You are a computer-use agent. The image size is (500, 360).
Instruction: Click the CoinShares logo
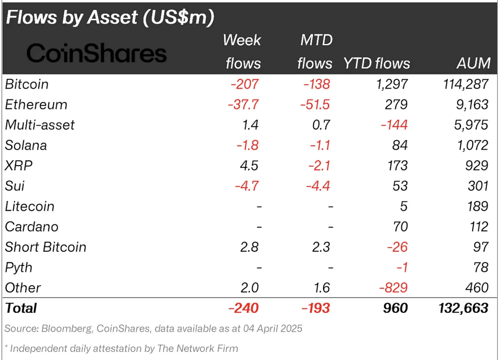(x=96, y=53)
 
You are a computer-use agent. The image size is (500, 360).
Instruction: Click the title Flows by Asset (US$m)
(x=110, y=18)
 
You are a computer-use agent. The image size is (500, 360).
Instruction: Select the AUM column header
(x=473, y=63)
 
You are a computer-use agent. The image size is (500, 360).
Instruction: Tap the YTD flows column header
(x=376, y=63)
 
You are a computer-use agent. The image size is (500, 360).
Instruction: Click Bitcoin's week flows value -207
(x=245, y=84)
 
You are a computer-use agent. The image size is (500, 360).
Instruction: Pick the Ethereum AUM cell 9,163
(x=472, y=105)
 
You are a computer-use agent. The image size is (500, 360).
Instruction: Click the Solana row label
(x=26, y=146)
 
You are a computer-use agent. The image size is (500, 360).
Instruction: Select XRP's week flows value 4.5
(x=249, y=166)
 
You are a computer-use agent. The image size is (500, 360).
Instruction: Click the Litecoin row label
(x=30, y=206)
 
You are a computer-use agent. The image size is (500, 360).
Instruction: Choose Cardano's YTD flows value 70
(x=400, y=227)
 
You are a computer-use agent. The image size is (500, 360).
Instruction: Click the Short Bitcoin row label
(x=46, y=247)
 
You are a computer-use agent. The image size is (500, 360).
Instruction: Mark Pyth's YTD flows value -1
(x=402, y=268)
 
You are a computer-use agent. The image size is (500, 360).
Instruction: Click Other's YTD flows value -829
(x=393, y=288)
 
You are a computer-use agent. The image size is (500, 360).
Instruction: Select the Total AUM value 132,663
(x=463, y=308)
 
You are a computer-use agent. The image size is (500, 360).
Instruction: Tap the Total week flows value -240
(x=243, y=308)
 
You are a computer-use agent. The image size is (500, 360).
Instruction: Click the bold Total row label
(x=21, y=308)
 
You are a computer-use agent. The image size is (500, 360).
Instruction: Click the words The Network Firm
(x=197, y=349)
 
